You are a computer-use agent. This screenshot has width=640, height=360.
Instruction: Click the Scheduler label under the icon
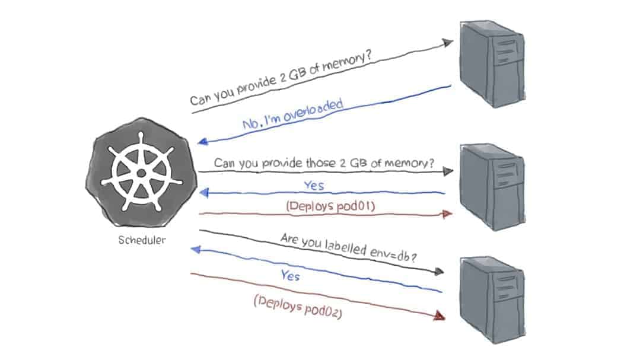142,241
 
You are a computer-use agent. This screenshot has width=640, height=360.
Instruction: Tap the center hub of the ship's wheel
141,173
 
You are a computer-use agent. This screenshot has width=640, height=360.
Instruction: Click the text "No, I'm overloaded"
293,115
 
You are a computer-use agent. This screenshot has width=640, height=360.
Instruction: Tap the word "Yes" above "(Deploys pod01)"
314,186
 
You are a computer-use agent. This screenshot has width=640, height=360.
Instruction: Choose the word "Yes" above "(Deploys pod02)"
290,276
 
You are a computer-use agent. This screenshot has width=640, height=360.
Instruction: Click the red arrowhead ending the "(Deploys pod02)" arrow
440,317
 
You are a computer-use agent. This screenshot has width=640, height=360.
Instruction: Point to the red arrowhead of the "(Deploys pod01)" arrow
447,213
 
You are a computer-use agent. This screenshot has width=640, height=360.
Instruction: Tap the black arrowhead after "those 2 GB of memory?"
447,171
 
